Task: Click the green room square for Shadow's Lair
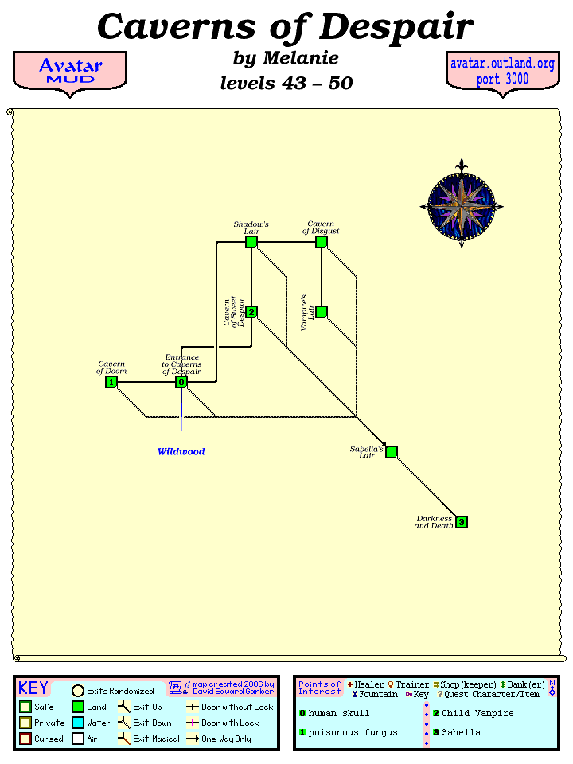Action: click(x=251, y=242)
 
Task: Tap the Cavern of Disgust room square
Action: click(x=322, y=242)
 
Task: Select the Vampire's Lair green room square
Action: click(x=322, y=312)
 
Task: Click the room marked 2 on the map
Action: click(x=251, y=312)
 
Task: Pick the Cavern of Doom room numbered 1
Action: click(x=111, y=382)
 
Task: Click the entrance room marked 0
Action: click(x=181, y=382)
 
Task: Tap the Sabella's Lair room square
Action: click(x=392, y=452)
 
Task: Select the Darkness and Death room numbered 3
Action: click(x=462, y=522)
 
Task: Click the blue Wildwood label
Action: click(x=181, y=452)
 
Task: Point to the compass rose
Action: click(x=462, y=205)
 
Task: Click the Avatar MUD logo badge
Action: click(x=70, y=72)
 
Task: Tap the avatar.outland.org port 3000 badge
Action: click(x=502, y=72)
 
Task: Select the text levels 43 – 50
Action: click(x=286, y=83)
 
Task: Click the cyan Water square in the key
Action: click(x=78, y=723)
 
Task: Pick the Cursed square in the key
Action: click(x=25, y=739)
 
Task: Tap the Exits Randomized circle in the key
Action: click(x=78, y=691)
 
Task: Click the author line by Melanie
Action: click(x=286, y=58)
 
